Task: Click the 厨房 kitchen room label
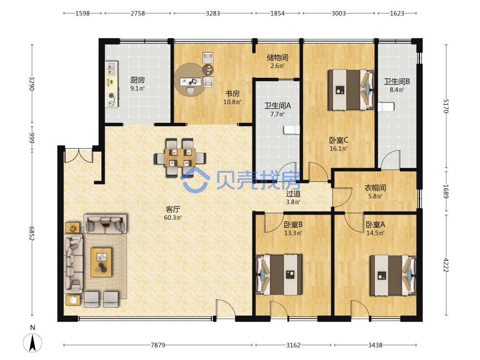[x=137, y=80]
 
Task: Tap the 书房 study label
[x=232, y=94]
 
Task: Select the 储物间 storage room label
[x=277, y=57]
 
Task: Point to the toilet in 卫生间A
[x=291, y=130]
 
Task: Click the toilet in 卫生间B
[x=386, y=107]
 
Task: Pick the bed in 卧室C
[x=351, y=90]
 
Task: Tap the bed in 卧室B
[x=279, y=275]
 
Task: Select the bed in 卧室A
[x=393, y=276]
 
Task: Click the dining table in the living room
[x=180, y=157]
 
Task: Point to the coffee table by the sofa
[x=101, y=263]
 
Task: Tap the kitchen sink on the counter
[x=111, y=69]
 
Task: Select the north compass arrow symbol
[x=33, y=343]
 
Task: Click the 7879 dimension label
[x=158, y=345]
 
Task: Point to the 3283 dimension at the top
[x=213, y=13]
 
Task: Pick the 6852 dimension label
[x=32, y=234]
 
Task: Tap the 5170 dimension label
[x=446, y=106]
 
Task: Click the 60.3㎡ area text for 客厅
[x=173, y=217]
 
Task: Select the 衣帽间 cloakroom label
[x=375, y=188]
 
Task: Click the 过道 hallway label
[x=293, y=193]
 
